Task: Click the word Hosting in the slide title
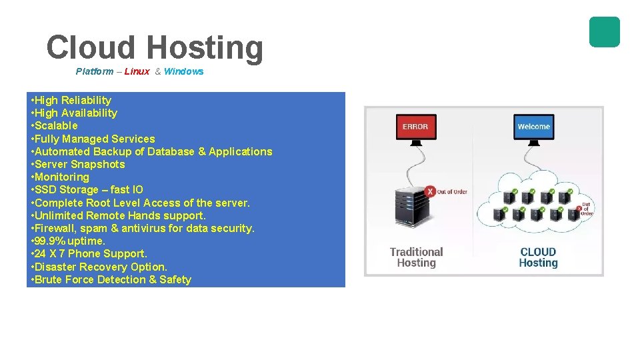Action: coord(204,48)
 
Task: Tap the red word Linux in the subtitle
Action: coord(137,71)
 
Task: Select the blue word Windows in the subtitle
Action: coord(183,71)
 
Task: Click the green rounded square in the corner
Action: coord(604,32)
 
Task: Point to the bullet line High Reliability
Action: coord(73,101)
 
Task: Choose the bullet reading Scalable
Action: coord(55,126)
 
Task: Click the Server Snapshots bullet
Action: coord(79,165)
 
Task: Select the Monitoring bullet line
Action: coord(61,177)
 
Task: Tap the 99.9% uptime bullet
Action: coord(69,241)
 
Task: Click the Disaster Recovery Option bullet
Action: coord(99,267)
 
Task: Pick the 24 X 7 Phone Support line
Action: coord(89,254)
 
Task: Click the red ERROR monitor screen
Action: coord(415,126)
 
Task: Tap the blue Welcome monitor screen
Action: coord(533,126)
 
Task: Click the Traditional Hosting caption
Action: coord(416,257)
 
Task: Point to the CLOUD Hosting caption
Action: coord(537,257)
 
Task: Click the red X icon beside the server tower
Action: coord(430,192)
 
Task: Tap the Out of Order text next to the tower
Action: coord(452,192)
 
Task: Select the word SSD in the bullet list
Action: coord(45,190)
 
